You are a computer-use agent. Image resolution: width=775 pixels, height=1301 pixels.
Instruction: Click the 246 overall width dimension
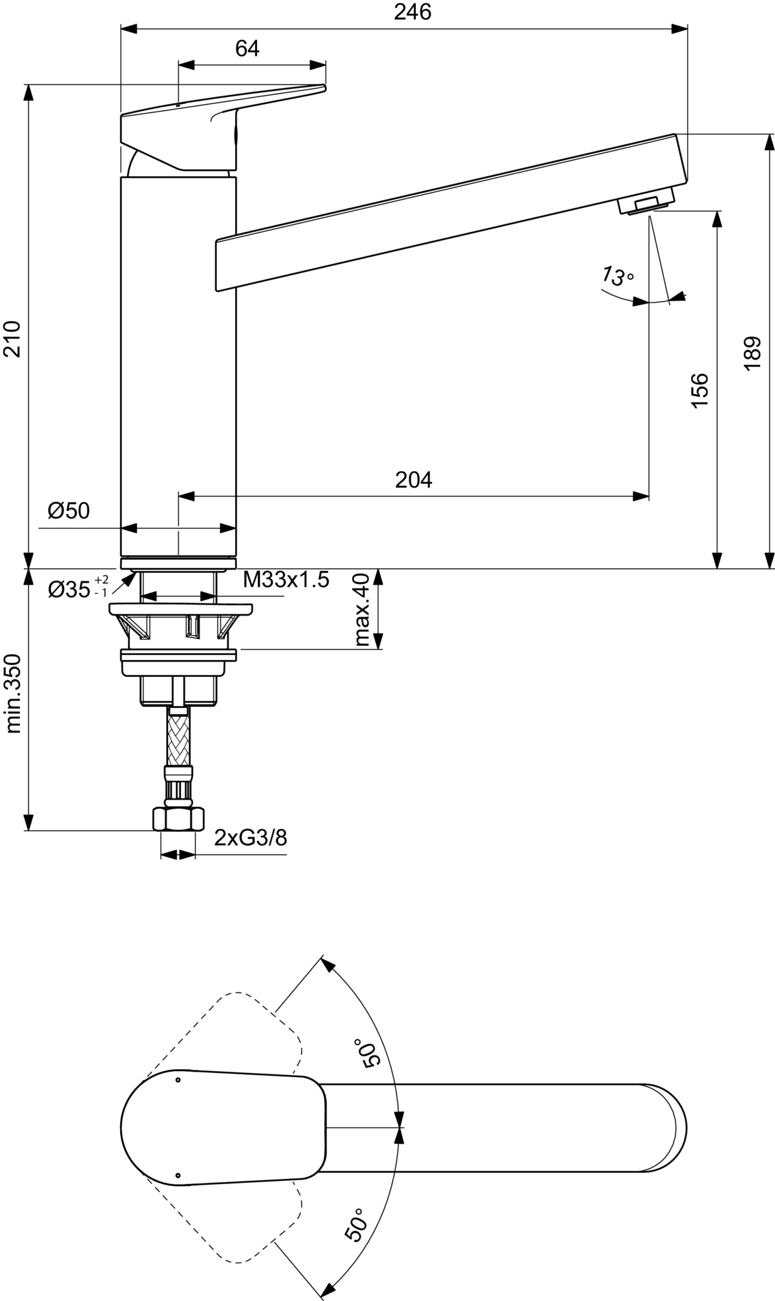coord(413,12)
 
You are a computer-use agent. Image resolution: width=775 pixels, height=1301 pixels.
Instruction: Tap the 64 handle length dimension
coord(247,48)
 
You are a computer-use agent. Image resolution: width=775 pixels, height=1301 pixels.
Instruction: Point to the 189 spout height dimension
coord(752,353)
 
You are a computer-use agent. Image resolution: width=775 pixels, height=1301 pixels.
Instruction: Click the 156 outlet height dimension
coord(699,390)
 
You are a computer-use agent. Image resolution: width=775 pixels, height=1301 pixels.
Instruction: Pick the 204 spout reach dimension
coord(413,480)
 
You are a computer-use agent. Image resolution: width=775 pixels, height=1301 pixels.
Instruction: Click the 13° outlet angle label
coord(617,276)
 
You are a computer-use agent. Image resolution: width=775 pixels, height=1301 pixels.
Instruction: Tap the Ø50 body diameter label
coord(69,511)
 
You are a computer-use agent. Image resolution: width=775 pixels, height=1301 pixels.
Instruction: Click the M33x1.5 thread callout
coord(286,579)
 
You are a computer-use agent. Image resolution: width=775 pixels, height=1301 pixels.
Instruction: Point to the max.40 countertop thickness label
coord(363,609)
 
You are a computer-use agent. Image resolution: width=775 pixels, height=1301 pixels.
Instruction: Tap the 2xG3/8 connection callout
coord(251,838)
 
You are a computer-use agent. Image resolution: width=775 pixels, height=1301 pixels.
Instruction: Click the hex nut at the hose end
coord(177,818)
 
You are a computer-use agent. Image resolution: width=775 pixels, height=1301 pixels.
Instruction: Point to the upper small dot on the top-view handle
coord(179,1079)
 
